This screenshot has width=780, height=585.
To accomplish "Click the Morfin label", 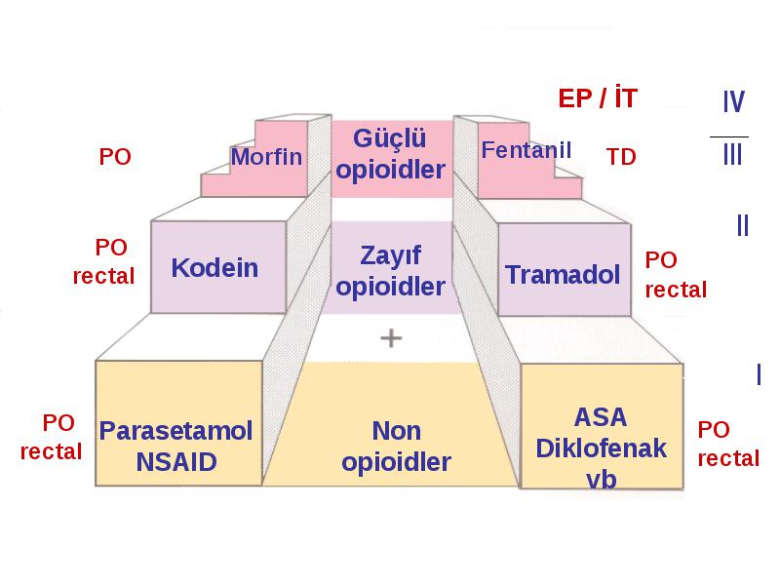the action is coord(266,157).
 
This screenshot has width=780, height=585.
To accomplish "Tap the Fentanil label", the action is coord(526,150).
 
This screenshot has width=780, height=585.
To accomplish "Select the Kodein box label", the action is coord(214,268).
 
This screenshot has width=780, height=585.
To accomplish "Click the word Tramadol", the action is coord(563,275).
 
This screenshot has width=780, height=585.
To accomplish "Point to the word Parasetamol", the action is coord(175,431).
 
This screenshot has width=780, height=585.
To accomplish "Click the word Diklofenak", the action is coord(601,448).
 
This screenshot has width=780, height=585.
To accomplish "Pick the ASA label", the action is coord(601,417).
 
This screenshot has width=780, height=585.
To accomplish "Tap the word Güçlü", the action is coord(389,138).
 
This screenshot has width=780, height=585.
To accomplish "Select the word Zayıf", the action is coord(391,256).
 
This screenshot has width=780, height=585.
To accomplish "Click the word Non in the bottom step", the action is coord(397,431).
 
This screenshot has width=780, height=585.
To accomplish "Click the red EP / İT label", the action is coord(598,97).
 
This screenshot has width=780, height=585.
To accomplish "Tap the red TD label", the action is coord(621,157).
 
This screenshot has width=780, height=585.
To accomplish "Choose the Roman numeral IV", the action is coord(734,101).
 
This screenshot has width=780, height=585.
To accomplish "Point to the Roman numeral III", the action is coord(732,154).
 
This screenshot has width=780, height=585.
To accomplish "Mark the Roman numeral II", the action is coord(743,225).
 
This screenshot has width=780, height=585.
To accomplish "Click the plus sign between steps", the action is coord(391,338).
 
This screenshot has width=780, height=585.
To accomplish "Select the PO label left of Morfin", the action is coord(115,157).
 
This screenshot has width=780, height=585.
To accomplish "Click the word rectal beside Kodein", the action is coord(103,277).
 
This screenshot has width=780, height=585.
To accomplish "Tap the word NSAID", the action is coord(176,462).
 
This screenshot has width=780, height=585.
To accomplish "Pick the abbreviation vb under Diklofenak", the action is coord(601,480).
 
